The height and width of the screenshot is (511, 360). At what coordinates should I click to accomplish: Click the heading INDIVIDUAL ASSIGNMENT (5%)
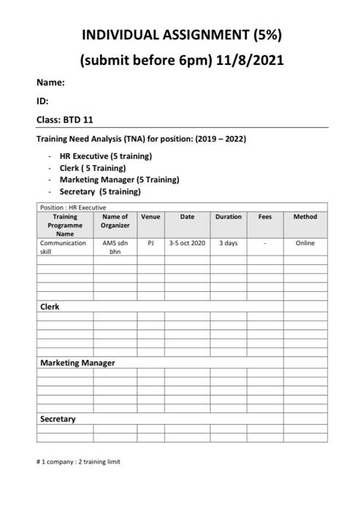pyautogui.click(x=181, y=34)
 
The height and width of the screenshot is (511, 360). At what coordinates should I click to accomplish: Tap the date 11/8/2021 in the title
pyautogui.click(x=250, y=60)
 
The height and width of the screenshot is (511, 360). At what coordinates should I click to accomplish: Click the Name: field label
pyautogui.click(x=51, y=83)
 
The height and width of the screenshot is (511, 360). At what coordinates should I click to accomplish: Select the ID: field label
pyautogui.click(x=42, y=101)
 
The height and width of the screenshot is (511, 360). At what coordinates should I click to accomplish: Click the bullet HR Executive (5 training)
pyautogui.click(x=105, y=156)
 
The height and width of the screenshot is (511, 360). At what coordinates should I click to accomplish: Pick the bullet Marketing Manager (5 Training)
pyautogui.click(x=119, y=180)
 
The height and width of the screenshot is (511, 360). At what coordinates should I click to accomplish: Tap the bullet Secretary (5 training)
pyautogui.click(x=100, y=191)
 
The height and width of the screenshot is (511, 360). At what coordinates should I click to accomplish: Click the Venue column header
pyautogui.click(x=150, y=217)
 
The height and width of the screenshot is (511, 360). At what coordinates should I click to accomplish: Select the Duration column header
pyautogui.click(x=228, y=217)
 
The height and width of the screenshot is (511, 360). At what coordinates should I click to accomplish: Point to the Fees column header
pyautogui.click(x=264, y=217)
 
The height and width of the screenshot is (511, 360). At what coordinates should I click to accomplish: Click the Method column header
pyautogui.click(x=305, y=217)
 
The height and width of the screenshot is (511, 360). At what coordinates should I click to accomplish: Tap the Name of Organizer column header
pyautogui.click(x=115, y=220)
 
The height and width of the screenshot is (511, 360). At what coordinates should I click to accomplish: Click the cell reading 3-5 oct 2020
pyautogui.click(x=187, y=243)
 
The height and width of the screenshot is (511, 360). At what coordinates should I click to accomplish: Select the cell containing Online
pyautogui.click(x=305, y=243)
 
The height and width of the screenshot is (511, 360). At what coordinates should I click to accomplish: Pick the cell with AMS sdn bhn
pyautogui.click(x=115, y=247)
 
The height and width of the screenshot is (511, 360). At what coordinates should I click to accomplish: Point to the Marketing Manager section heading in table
pyautogui.click(x=77, y=363)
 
